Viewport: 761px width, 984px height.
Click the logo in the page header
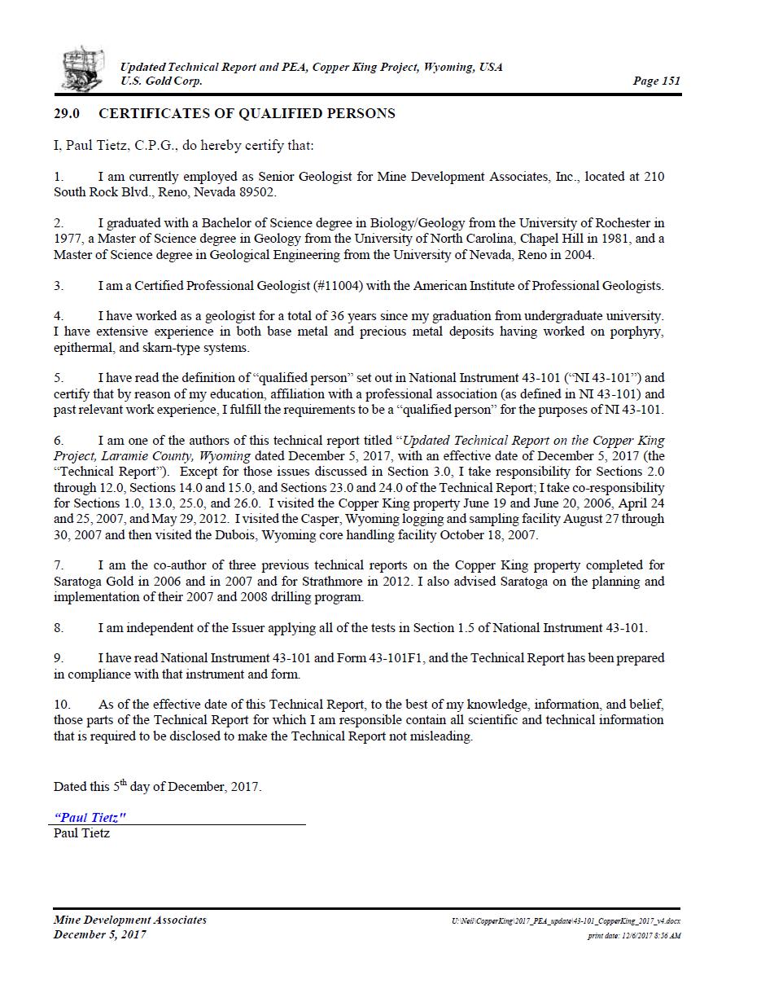[x=83, y=69]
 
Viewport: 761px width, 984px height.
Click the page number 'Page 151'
[x=656, y=81]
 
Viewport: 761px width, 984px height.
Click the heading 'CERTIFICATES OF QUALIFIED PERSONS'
[x=247, y=113]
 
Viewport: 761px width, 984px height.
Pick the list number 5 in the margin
[x=59, y=378]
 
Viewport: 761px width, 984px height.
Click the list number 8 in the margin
[x=59, y=627]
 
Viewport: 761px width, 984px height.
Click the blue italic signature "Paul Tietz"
[x=90, y=817]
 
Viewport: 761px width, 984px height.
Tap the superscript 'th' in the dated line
[x=124, y=783]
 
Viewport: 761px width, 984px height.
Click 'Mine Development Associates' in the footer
[x=130, y=920]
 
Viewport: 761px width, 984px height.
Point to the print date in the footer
[x=634, y=936]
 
